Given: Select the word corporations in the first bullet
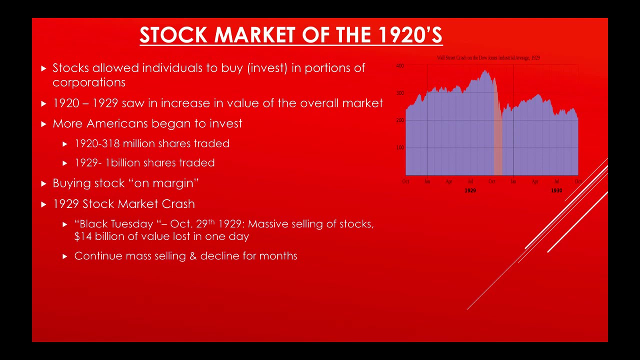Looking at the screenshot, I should [89, 82].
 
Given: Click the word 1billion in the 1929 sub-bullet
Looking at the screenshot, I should [122, 163].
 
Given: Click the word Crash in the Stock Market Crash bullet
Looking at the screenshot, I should [178, 204].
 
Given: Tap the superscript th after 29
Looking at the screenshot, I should [211, 221].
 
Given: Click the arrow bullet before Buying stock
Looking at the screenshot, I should [44, 183].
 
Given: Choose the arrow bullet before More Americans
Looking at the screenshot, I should [44, 123].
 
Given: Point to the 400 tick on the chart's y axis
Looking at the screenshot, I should [400, 65].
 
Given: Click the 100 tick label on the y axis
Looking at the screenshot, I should [400, 147].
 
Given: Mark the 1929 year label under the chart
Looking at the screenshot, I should [470, 190].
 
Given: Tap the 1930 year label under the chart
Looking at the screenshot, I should [556, 190].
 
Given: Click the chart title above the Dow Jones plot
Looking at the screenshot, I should [488, 58].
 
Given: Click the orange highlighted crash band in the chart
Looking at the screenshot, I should [498, 145].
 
